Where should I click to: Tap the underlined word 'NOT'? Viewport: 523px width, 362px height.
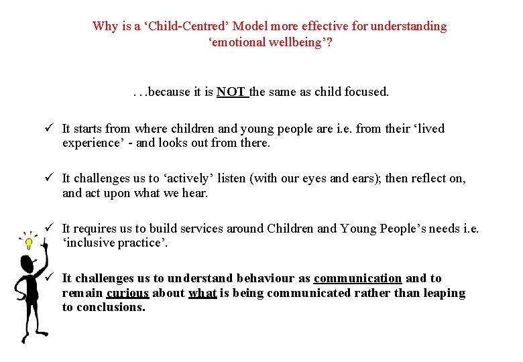tap(231, 92)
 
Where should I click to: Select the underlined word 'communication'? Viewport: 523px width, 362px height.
tap(357, 278)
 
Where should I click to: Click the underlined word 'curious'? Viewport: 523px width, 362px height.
tap(127, 293)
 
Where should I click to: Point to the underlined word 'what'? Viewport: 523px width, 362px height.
tap(202, 293)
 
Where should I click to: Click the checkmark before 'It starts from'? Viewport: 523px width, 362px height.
tap(50, 128)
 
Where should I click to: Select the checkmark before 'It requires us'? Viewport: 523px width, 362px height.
tap(50, 229)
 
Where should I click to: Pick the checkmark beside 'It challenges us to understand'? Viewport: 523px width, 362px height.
tap(50, 278)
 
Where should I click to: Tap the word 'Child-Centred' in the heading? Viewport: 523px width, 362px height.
tap(180, 27)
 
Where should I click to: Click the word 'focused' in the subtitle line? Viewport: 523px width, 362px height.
tap(365, 92)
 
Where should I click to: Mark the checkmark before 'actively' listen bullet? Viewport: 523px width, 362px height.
tap(50, 178)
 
